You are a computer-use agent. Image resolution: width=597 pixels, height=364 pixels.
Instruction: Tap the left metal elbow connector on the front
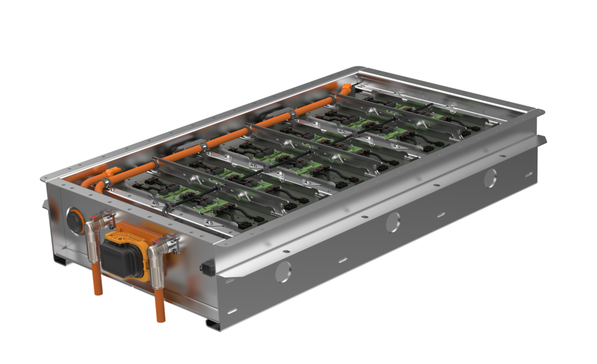[96, 230]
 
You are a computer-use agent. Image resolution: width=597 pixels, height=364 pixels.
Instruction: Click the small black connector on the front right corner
[205, 268]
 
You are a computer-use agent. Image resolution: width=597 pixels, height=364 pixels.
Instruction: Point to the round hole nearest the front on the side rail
[283, 271]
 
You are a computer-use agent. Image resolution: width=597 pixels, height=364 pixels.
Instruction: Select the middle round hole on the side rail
[393, 221]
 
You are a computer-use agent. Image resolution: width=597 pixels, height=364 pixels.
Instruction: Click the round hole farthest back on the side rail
[490, 178]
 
